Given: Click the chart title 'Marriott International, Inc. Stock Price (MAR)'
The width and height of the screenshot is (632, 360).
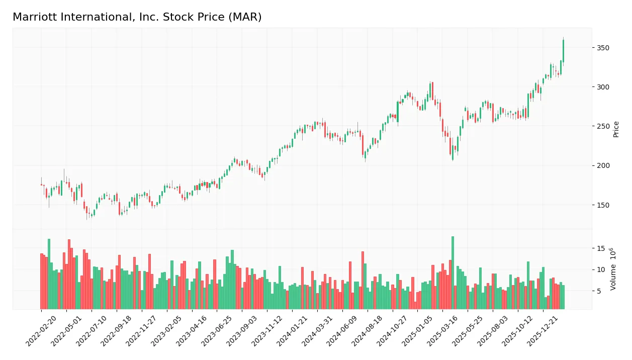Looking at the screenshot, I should tap(137, 17).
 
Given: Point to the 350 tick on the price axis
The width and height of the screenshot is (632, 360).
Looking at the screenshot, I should tap(603, 48).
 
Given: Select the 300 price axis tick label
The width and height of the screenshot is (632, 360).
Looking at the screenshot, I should tap(603, 87).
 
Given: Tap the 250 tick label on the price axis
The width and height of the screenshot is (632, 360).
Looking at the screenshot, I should tap(603, 126).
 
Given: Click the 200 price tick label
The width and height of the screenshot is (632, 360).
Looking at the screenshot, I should tap(603, 165).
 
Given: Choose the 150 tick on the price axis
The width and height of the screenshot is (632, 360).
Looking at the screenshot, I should tap(603, 205).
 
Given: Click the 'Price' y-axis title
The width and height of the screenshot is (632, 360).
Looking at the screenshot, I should tap(616, 129).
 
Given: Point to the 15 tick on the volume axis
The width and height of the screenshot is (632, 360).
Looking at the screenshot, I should tap(601, 248).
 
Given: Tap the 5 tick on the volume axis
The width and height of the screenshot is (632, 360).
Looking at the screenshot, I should tap(599, 291).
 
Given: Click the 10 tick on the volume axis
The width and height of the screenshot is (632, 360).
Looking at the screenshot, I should tap(601, 270).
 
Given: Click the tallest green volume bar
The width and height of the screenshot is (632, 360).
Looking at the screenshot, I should tap(453, 273).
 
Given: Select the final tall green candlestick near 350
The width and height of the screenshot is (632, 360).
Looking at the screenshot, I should tap(563, 51).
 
